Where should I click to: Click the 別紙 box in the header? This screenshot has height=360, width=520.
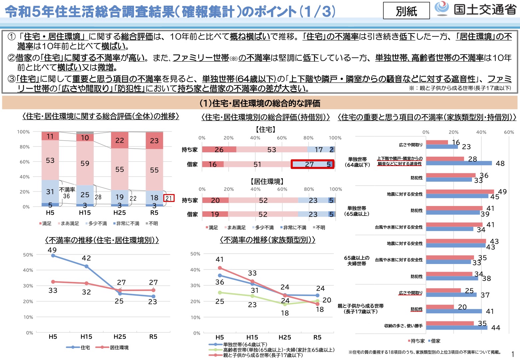406,11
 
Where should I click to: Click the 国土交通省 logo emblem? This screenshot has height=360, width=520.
442,8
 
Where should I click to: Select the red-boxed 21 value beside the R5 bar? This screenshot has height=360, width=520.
169,198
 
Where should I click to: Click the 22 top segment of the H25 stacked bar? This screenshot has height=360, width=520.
119,140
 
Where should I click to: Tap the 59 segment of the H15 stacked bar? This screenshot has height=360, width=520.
85,163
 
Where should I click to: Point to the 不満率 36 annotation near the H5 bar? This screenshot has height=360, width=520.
67,193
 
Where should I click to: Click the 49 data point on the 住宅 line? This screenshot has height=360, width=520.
53,256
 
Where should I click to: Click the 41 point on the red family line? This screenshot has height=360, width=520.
220,268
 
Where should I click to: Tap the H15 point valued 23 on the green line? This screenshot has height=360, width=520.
252,296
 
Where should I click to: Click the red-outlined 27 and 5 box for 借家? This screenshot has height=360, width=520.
312,164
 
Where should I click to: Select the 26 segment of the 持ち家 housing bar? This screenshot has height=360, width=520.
219,150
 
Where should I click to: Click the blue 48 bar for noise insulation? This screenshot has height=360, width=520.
459,163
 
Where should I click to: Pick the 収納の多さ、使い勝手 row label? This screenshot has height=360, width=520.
403,326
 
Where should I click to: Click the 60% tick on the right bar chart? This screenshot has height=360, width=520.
509,132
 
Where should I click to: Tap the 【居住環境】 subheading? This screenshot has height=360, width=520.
267,181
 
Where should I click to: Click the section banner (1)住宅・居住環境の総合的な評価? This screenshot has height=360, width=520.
260,103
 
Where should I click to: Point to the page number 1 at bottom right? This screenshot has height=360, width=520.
513,354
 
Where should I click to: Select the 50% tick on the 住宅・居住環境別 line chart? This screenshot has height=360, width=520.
28,255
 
